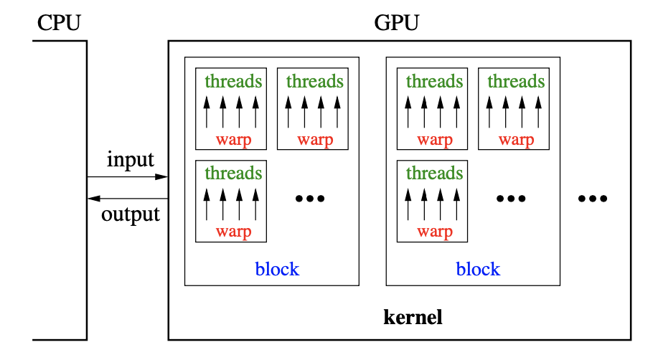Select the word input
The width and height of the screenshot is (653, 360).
tap(131, 158)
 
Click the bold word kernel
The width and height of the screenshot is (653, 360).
tap(413, 316)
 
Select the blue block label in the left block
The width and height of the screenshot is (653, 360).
tap(277, 269)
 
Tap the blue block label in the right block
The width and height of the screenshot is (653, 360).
tap(478, 269)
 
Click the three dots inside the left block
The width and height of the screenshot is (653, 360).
tap(311, 198)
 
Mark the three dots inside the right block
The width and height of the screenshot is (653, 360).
tap(512, 198)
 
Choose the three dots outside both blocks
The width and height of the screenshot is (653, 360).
tap(593, 198)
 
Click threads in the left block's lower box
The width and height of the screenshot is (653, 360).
tap(233, 174)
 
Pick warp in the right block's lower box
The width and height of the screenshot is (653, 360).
tap(435, 231)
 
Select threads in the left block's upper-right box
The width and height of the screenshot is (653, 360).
tap(314, 81)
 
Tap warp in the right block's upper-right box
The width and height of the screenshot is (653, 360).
tap(516, 139)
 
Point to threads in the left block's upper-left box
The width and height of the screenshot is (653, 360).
tap(233, 81)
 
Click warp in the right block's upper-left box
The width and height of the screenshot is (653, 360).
tap(435, 139)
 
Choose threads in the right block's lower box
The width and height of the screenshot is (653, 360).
tap(434, 174)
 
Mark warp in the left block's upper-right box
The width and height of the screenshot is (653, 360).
tap(315, 139)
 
